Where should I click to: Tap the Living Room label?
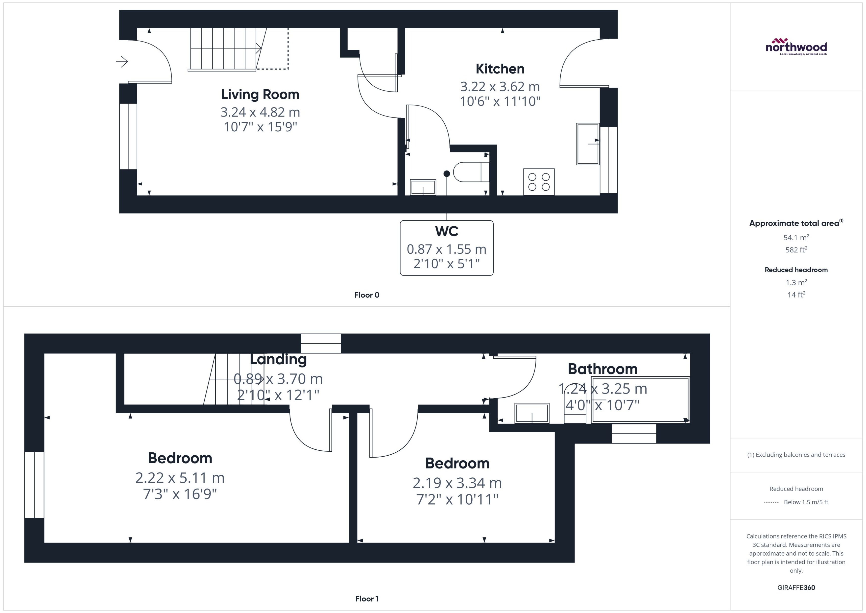[260, 94]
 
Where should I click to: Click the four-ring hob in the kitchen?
[538, 182]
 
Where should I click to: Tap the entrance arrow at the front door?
[122, 62]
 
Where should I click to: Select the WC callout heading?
[446, 231]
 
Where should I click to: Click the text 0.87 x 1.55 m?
[446, 249]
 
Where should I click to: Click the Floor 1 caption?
[366, 599]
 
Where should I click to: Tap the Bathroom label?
[602, 369]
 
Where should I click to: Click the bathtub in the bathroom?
[640, 400]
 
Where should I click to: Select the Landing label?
[278, 359]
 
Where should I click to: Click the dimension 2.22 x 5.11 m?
[180, 478]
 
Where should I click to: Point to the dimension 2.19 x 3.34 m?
[457, 483]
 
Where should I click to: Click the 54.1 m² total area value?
[796, 237]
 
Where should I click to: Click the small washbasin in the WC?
[423, 187]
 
